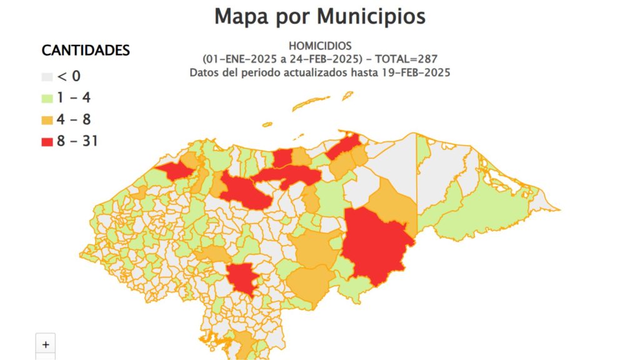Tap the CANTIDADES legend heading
pos(86,51)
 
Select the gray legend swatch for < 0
pos(47,77)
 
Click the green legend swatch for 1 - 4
pos(47,98)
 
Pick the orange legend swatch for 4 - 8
pos(47,119)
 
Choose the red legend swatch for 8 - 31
pos(47,141)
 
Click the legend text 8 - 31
pos(77,141)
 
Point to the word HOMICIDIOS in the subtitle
pos(320,46)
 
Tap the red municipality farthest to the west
pos(176,171)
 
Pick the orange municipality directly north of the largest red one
pos(392,203)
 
